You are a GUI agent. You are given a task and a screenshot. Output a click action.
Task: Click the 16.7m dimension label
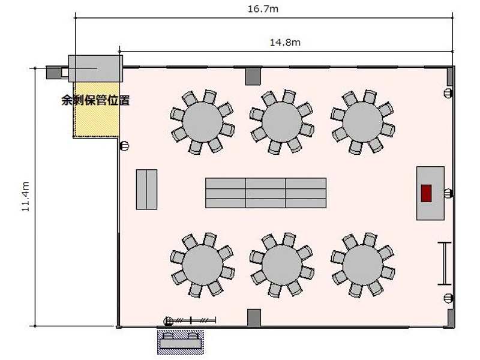pyautogui.click(x=263, y=8)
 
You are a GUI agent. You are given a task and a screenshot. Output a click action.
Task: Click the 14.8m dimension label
pyautogui.click(x=285, y=42)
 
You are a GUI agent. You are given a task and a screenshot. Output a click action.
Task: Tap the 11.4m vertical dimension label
pyautogui.click(x=25, y=196)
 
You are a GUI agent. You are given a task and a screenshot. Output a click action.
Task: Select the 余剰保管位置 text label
pyautogui.click(x=96, y=100)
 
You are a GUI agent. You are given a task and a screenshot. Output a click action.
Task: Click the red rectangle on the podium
pyautogui.click(x=426, y=193)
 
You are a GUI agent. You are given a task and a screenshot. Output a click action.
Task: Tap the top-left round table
pyautogui.click(x=202, y=122)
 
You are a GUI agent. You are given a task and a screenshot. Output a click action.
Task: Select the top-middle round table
pyautogui.click(x=282, y=122)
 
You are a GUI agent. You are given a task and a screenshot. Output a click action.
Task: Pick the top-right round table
pyautogui.click(x=363, y=122)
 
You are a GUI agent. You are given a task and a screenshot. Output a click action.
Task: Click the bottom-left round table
pyautogui.click(x=202, y=265)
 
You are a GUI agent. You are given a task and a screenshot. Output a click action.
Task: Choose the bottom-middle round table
pyautogui.click(x=282, y=265)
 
